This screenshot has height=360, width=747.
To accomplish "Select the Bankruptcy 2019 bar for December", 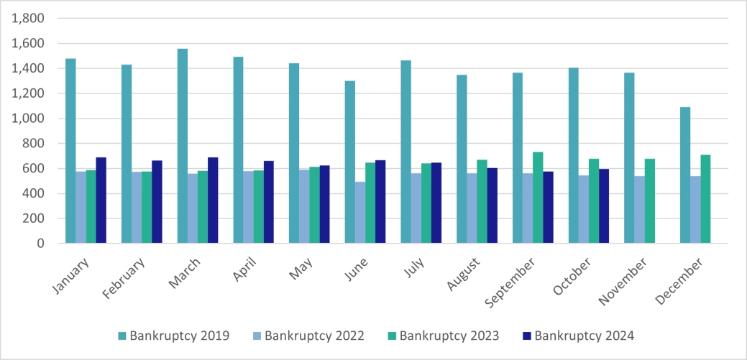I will coord(686,175).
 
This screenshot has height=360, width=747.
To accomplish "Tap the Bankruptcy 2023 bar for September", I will coord(538,198).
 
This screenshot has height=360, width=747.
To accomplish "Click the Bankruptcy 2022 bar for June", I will coord(360,213).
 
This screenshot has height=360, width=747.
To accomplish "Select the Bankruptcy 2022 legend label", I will coord(313,336).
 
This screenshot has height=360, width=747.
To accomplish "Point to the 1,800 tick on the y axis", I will coord(28,19).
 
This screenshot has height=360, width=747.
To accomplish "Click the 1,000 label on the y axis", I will coord(28,119).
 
